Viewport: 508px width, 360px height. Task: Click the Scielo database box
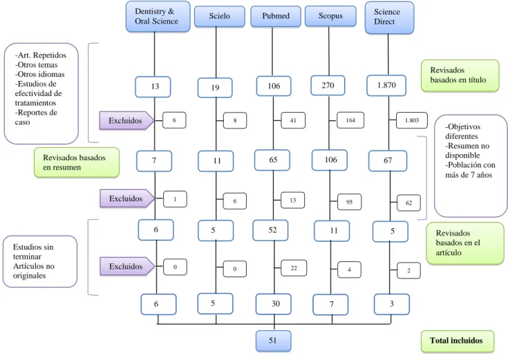click(219, 16)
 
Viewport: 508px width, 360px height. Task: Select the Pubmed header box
click(276, 16)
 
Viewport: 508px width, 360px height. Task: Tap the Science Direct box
click(389, 17)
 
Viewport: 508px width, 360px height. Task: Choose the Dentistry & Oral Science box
click(158, 17)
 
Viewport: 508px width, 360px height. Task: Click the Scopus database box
click(330, 16)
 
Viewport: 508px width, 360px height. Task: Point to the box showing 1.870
click(386, 86)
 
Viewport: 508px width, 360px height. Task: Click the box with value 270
click(328, 86)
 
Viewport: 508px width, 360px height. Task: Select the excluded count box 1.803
click(412, 120)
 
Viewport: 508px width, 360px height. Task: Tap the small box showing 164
click(350, 120)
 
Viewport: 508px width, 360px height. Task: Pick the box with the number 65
click(272, 160)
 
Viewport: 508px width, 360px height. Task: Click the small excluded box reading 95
click(349, 202)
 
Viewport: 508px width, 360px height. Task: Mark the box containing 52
click(270, 230)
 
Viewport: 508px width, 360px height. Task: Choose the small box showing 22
click(294, 268)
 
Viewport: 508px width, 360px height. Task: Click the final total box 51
click(274, 341)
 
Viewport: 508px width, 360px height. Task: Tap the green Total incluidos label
click(458, 341)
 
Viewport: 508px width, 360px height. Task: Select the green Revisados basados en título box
click(460, 75)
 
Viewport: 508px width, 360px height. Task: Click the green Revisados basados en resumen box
click(77, 162)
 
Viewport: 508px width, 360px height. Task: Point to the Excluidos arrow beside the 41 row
click(126, 120)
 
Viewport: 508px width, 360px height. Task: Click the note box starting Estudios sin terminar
click(40, 261)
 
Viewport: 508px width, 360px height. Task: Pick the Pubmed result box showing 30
click(274, 304)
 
